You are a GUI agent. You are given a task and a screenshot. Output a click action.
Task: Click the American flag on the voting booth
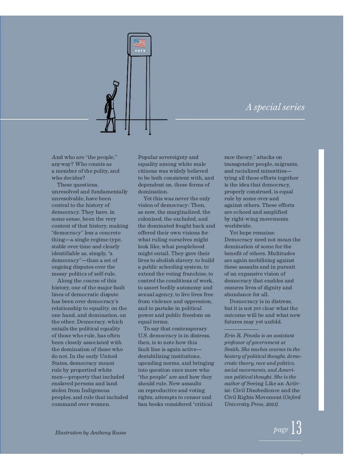[x=139, y=43]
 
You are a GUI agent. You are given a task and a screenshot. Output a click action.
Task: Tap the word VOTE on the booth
[x=140, y=51]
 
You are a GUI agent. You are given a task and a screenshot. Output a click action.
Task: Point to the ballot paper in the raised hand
[x=116, y=83]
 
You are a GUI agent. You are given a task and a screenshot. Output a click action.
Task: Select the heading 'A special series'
[x=275, y=107]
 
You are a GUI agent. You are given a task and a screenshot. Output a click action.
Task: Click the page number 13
[x=296, y=428]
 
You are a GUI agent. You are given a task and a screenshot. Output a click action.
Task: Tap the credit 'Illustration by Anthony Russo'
[x=91, y=433]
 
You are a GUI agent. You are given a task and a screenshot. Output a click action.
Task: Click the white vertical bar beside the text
[x=321, y=279]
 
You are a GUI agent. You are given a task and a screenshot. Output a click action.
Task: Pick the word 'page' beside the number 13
[x=281, y=430]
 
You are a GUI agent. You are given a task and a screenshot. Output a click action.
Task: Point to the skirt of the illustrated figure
[x=110, y=114]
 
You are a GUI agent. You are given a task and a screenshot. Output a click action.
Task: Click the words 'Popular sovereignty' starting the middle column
[x=168, y=157]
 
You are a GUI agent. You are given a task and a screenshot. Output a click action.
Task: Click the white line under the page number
[x=280, y=441]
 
